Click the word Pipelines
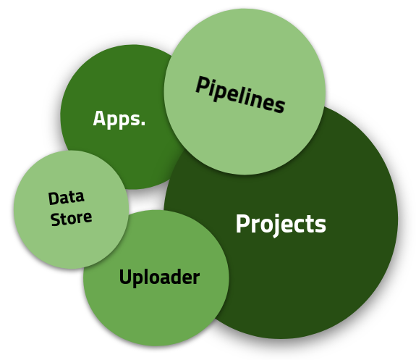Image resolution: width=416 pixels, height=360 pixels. click(240, 94)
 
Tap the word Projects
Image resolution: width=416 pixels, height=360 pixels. click(281, 225)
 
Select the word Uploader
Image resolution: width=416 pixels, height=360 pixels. click(159, 277)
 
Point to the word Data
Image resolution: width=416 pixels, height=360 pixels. click(67, 198)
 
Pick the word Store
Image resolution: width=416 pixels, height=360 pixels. click(71, 219)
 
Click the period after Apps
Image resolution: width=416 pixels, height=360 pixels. click(143, 123)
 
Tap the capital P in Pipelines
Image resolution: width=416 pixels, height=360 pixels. click(202, 85)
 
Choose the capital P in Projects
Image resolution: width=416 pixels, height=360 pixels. click(242, 223)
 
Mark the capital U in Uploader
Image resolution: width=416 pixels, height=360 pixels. click(126, 276)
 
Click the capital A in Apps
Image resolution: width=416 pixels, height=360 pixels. click(98, 118)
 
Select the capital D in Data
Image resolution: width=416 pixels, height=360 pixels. click(54, 198)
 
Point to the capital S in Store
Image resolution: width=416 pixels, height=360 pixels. click(55, 220)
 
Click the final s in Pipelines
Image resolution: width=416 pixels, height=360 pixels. click(279, 105)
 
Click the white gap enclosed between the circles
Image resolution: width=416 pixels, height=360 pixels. click(148, 198)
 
